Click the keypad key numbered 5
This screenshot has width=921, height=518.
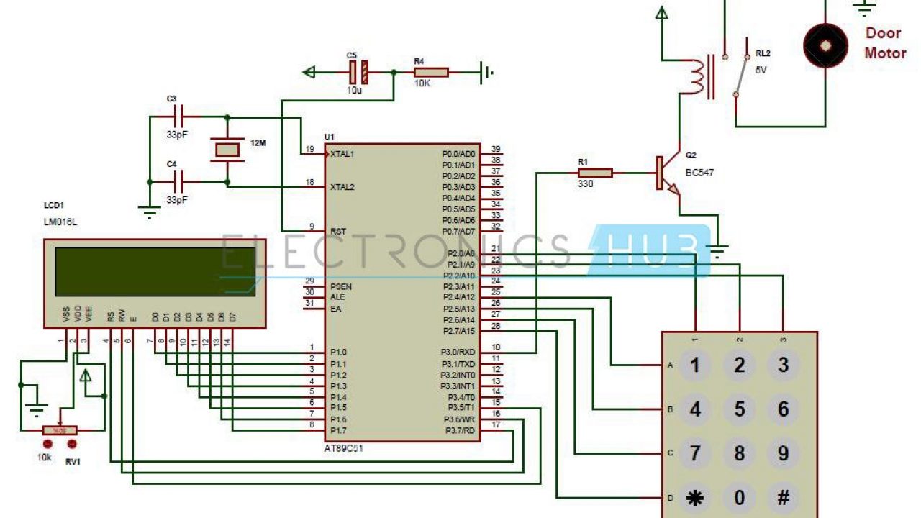[x=739, y=409]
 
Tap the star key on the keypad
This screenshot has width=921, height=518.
[x=695, y=498]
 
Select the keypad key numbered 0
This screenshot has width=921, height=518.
[x=739, y=498]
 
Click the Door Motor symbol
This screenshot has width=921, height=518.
[x=825, y=45]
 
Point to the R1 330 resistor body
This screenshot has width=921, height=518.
[x=595, y=173]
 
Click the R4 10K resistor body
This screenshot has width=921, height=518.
[x=431, y=72]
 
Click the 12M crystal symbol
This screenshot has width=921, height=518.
[x=227, y=150]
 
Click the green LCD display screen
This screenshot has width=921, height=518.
[x=155, y=272]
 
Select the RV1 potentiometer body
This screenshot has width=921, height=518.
[x=60, y=430]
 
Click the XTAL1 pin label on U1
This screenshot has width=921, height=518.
[x=342, y=154]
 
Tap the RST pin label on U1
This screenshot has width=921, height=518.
[x=337, y=232]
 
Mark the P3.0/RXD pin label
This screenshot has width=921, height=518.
[x=458, y=353]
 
